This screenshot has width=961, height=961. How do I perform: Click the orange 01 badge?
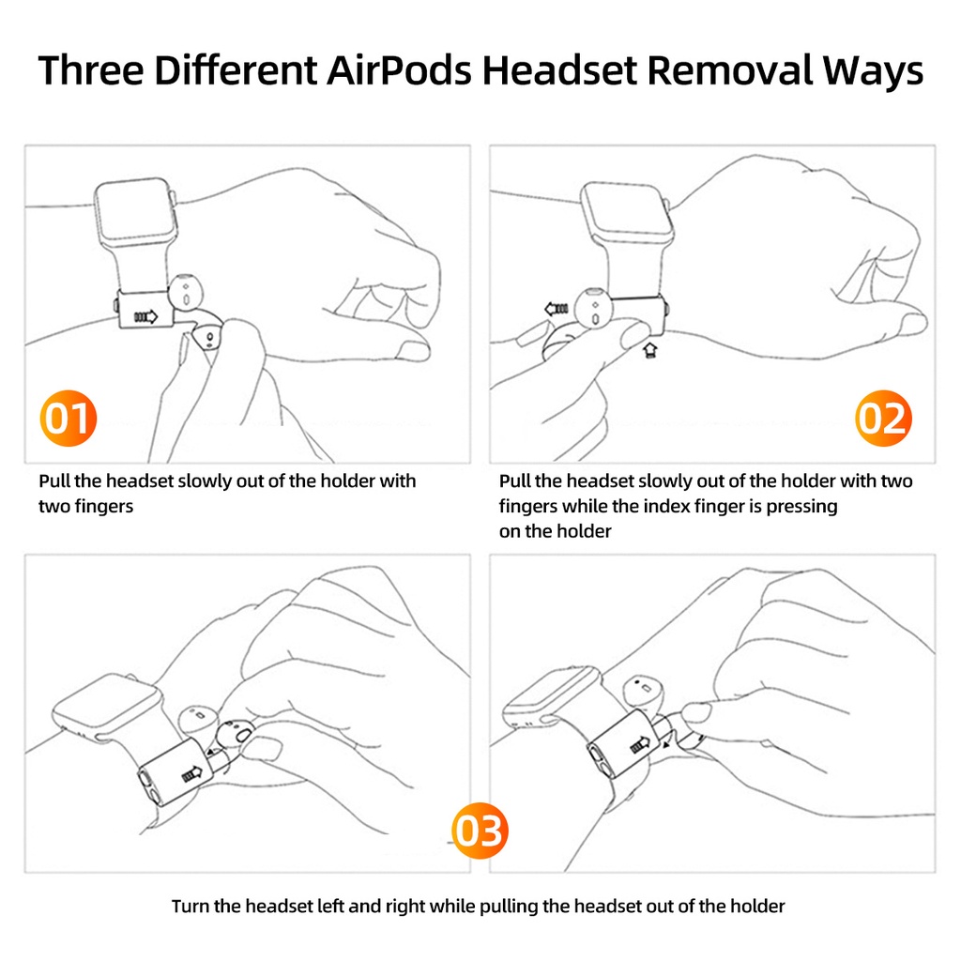pos(68,418)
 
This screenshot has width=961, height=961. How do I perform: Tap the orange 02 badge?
pos(883,418)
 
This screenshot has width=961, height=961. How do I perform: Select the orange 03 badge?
pos(480,831)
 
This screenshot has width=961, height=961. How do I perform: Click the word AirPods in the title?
pos(399,69)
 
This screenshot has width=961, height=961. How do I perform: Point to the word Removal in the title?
pos(729,69)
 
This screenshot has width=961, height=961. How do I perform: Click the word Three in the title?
pos(91,69)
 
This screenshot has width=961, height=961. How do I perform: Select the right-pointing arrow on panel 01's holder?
pos(145,316)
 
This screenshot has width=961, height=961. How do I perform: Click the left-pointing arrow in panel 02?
pos(557,308)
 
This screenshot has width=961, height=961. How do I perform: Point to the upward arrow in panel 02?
pos(650,351)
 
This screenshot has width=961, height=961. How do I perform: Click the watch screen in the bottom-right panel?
pos(552,694)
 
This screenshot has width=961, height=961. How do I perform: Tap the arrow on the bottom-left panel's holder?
pos(192,775)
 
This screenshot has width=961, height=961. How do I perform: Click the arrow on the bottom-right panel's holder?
pos(640,744)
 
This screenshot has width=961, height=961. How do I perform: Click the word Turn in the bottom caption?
pos(190,906)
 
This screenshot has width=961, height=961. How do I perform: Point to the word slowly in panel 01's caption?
pos(204,481)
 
